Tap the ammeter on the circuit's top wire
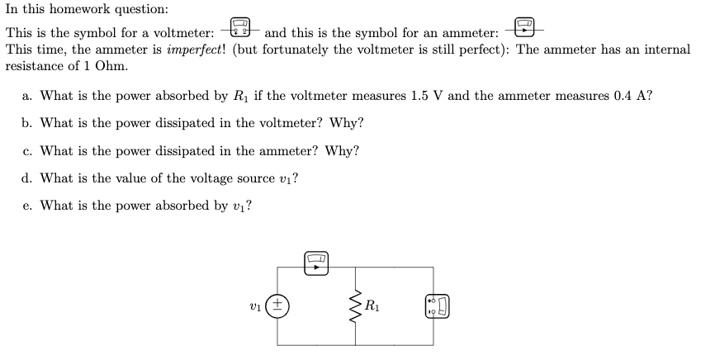pos(317,263)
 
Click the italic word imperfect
pos(196,50)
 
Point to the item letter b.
pos(27,124)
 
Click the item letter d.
pos(27,178)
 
